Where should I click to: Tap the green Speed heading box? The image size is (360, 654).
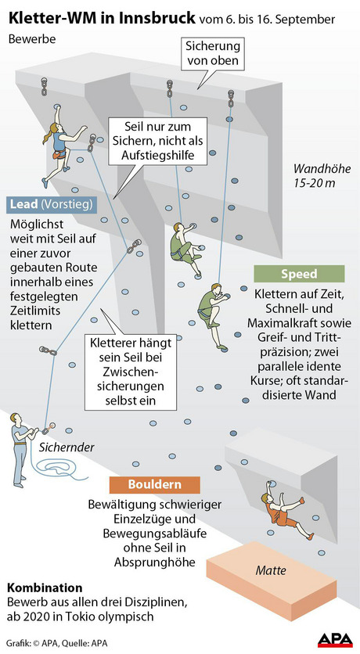click(x=299, y=274)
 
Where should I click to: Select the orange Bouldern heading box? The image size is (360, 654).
click(x=154, y=485)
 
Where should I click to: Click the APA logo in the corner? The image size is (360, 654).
click(x=334, y=640)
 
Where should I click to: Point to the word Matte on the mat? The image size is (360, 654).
click(x=271, y=570)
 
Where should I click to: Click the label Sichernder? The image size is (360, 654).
click(x=67, y=447)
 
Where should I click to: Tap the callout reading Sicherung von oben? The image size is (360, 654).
click(x=212, y=53)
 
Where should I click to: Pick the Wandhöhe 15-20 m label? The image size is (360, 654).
click(x=322, y=175)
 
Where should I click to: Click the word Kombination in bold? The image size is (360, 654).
click(x=45, y=588)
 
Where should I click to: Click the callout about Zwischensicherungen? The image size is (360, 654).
click(x=130, y=371)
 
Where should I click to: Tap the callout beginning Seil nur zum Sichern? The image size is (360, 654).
click(x=157, y=141)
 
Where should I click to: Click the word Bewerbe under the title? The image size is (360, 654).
click(x=32, y=39)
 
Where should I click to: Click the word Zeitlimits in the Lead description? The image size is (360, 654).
click(x=35, y=311)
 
